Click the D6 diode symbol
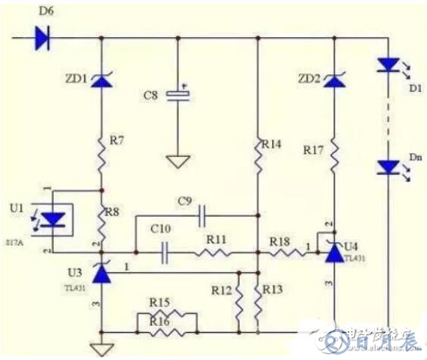point(42,38)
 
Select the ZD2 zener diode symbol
point(333,79)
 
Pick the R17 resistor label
point(312,152)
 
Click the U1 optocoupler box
point(52,220)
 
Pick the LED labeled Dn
point(388,167)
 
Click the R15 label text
point(160,302)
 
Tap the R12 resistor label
point(221,290)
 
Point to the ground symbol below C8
point(178,161)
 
